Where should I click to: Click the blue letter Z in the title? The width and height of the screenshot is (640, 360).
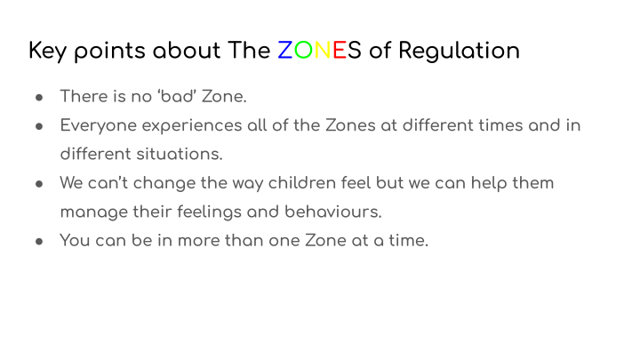pos(285,51)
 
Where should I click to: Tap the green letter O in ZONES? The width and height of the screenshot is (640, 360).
pos(303,51)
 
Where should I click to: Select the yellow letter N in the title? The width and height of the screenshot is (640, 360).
pos(323,51)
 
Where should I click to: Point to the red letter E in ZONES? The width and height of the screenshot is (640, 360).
pos(340,51)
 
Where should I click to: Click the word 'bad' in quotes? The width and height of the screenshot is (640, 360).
pos(177,96)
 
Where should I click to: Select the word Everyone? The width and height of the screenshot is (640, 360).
pos(99,126)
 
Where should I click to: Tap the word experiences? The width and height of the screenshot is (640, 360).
pos(192,126)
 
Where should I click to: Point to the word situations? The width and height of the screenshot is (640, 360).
pos(180,155)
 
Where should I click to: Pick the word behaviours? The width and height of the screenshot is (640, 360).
pos(333,212)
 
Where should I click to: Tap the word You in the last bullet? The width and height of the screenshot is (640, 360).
pos(75,240)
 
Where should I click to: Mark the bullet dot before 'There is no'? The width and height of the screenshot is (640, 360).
pos(39,98)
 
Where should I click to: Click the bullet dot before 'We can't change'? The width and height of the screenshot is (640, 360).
pos(39,184)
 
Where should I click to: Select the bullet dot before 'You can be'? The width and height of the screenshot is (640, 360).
pos(39,242)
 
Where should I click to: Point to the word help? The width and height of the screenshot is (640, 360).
pos(489,184)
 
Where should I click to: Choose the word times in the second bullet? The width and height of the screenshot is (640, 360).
pos(500,125)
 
